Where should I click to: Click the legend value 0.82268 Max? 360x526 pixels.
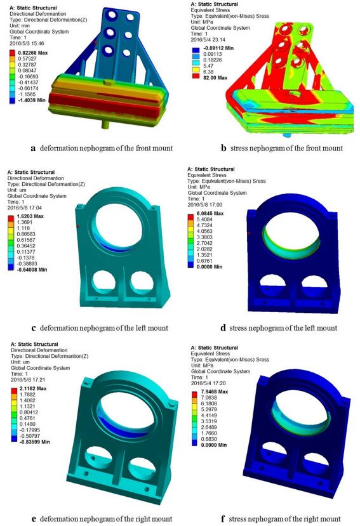pos(34,53)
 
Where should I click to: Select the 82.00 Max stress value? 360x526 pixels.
pos(215,78)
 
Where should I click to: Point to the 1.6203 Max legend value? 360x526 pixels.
pos(30,216)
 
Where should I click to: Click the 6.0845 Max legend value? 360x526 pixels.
pos(210,213)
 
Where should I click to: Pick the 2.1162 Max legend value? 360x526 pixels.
pos(33,388)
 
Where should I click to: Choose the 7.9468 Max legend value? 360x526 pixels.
pos(214,391)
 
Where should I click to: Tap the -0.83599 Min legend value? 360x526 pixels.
pos(34,442)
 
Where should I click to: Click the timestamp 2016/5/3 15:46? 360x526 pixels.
pos(27,44)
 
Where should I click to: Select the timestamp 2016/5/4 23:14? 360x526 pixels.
pos(208,39)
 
